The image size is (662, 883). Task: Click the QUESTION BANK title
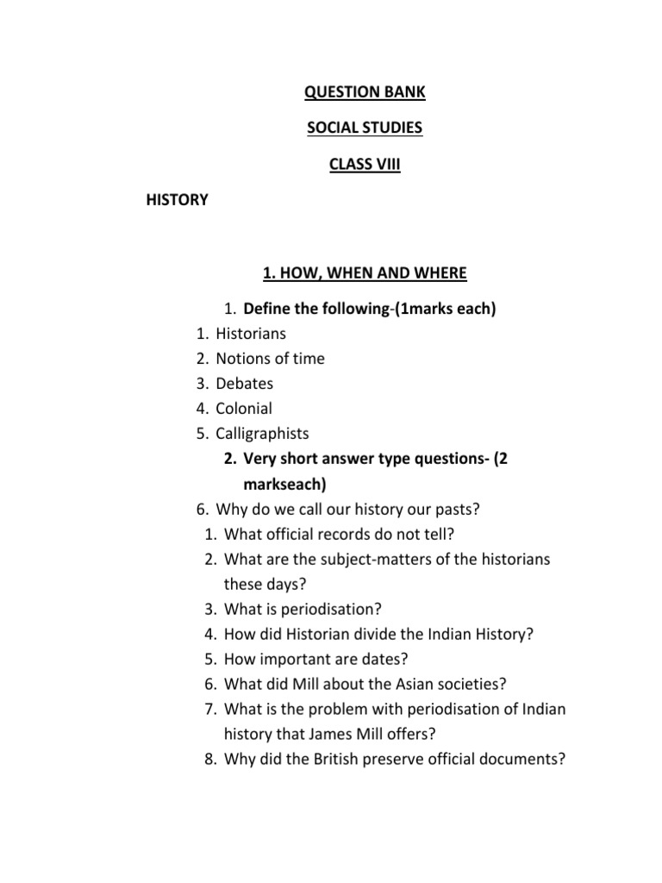click(365, 91)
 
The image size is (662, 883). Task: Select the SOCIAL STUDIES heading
click(365, 128)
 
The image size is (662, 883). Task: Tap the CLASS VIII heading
click(365, 164)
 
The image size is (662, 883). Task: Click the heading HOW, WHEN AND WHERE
click(365, 273)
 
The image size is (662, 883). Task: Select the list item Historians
click(251, 333)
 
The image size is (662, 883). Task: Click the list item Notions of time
click(270, 358)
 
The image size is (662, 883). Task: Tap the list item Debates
click(245, 384)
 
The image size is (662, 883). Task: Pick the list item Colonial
click(244, 409)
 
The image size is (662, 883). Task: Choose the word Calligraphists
click(262, 434)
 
